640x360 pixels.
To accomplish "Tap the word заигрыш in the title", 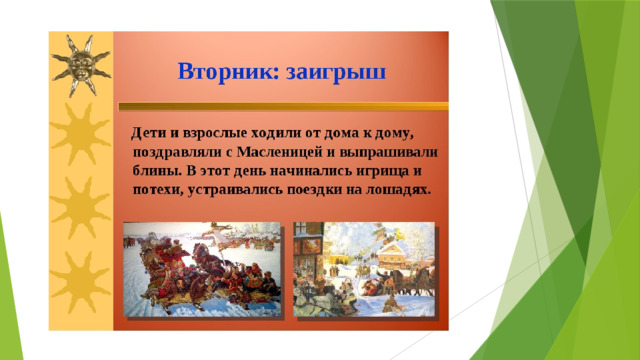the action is tap(336, 73).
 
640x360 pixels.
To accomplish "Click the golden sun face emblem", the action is tap(81, 65).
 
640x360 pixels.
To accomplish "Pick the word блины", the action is tap(157, 171).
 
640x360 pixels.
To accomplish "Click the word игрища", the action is tap(382, 172).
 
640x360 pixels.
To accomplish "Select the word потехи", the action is tap(158, 191).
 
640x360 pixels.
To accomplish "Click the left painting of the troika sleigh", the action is tap(202, 269).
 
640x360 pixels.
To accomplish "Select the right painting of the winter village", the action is tap(364, 269).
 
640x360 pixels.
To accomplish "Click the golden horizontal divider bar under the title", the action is tap(284, 107).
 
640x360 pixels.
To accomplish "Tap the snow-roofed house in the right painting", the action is tap(392, 255).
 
